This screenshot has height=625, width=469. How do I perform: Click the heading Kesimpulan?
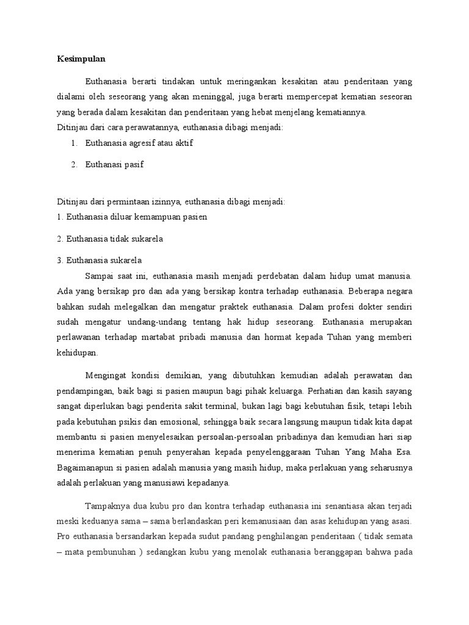click(81, 59)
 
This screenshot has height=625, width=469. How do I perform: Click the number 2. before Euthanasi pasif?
click(74, 165)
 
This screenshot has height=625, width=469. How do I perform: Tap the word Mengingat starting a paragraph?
click(107, 374)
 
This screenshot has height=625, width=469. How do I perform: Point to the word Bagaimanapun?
click(88, 468)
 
